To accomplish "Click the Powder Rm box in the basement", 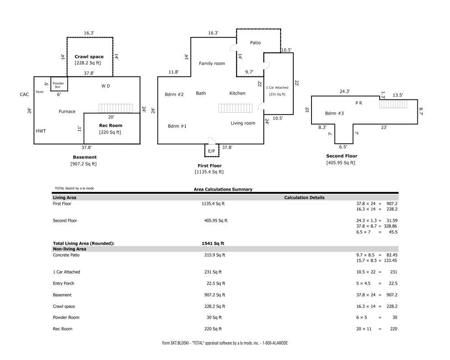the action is (59, 84).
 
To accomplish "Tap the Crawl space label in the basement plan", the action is (89, 57).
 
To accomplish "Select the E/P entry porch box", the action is (212, 150).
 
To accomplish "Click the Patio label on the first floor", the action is (255, 43).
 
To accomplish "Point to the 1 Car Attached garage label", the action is (277, 87).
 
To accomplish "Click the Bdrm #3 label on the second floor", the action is (334, 113).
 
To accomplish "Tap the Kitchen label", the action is (237, 93).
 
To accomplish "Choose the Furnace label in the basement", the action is (67, 111).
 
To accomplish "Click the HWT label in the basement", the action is (41, 131).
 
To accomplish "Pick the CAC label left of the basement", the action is (25, 95).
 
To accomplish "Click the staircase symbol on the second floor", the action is (393, 104).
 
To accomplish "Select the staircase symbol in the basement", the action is (116, 108).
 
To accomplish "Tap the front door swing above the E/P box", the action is (212, 141).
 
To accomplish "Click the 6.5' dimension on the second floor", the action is (343, 147).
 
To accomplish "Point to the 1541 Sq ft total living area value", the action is (213, 243).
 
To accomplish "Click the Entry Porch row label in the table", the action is (64, 283).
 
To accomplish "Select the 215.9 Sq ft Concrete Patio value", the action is (215, 255).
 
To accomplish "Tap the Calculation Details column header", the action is (304, 198).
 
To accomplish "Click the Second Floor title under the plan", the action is (342, 156).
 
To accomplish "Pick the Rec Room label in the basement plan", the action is (110, 125).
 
